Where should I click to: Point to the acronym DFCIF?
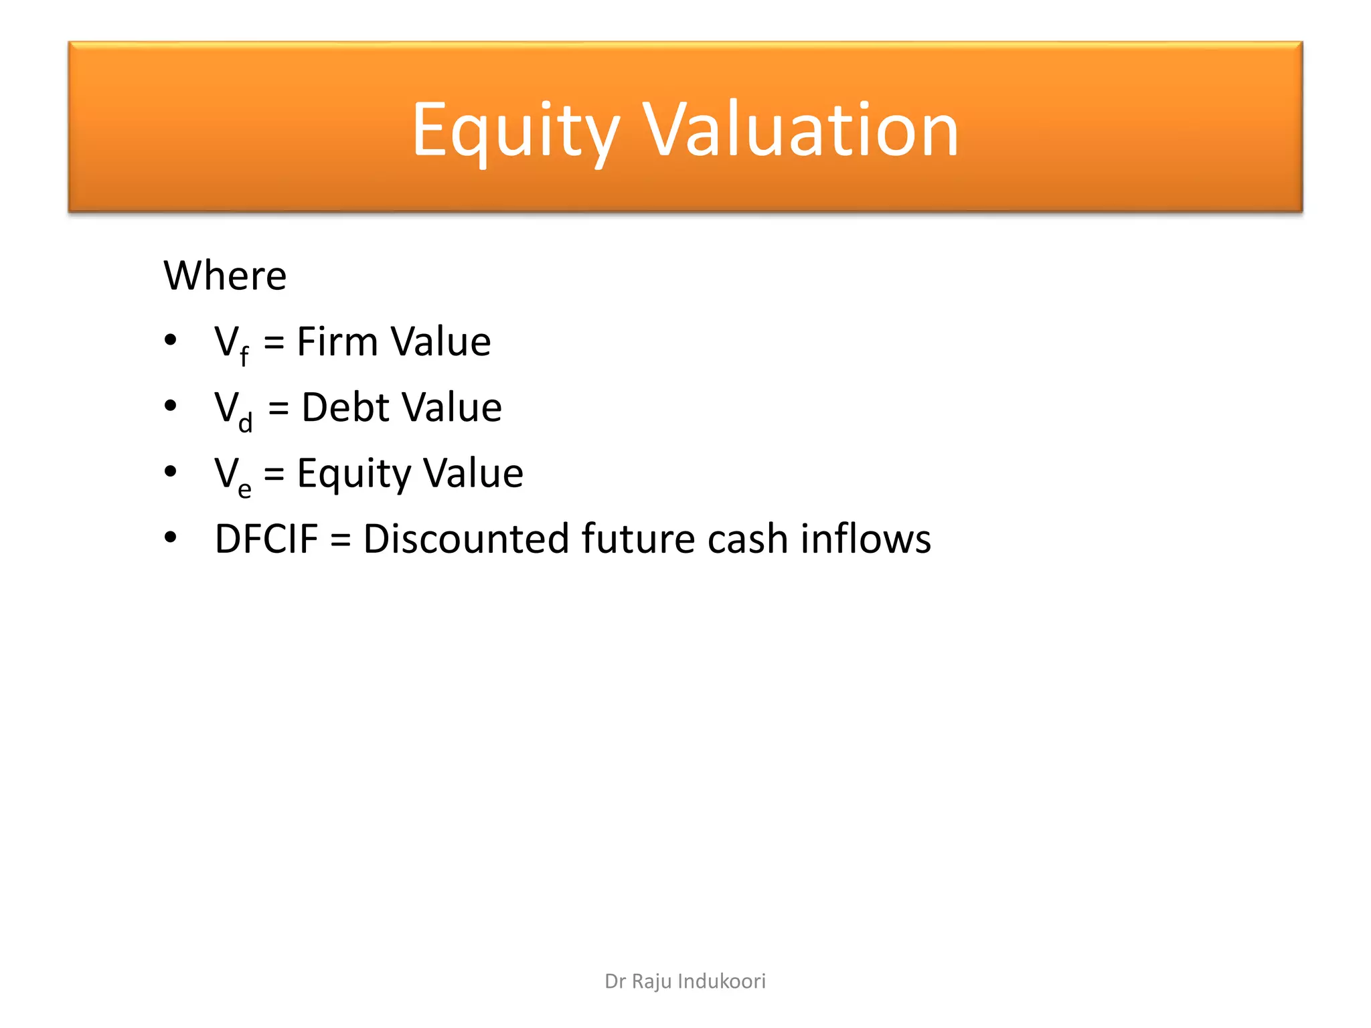point(266,539)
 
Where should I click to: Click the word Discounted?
point(466,539)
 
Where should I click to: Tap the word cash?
point(747,539)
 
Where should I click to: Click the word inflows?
point(866,539)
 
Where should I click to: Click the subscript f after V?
point(244,355)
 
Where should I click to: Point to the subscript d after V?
point(246,422)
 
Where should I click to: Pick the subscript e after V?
point(245,489)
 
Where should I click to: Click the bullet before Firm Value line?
point(171,340)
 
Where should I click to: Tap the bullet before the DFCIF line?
point(171,537)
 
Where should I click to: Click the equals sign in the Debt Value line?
point(278,408)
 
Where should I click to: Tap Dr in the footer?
point(615,981)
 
